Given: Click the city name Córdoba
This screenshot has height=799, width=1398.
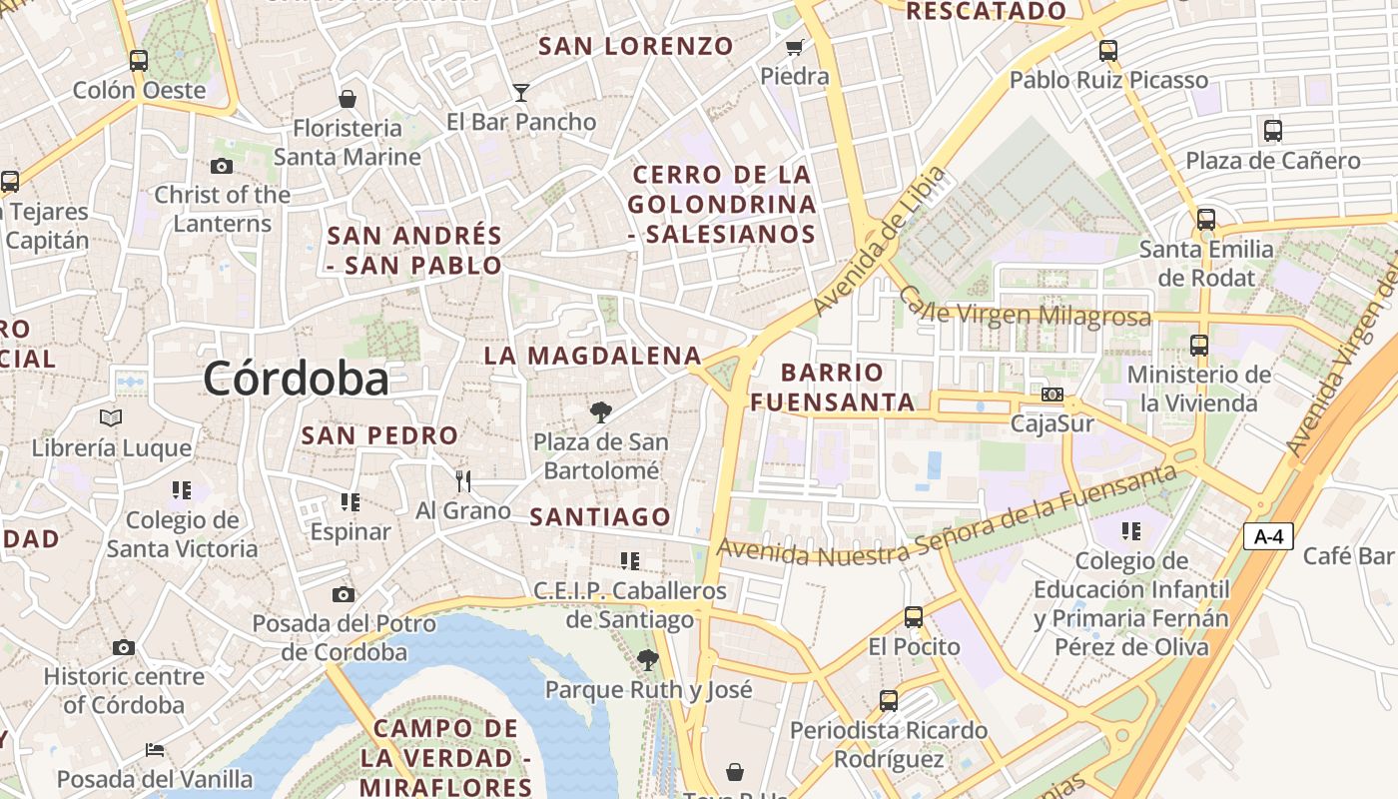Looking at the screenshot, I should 296,379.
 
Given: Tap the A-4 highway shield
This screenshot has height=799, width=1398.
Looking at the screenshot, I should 1268,536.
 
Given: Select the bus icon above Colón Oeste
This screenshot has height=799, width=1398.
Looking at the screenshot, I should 139,60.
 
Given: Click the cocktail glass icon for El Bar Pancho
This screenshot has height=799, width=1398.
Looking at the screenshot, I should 520,93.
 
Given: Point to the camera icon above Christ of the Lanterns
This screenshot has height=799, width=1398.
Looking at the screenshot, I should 222,166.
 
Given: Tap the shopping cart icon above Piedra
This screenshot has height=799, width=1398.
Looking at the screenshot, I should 795,47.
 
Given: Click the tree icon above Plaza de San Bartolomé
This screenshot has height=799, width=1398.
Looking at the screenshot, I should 600,411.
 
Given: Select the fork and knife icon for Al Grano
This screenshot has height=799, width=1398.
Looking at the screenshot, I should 462,481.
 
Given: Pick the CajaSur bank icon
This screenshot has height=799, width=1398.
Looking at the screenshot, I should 1052,395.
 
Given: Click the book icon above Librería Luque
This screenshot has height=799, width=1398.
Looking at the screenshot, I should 111,417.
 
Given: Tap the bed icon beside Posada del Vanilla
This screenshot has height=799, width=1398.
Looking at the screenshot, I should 154,749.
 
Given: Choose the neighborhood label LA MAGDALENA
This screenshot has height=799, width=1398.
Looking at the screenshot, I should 593,356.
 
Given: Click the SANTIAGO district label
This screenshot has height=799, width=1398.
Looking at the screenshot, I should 600,516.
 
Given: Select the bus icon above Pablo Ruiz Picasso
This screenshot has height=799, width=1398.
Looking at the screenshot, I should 1108,50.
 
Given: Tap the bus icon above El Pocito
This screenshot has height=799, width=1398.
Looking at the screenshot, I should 914,617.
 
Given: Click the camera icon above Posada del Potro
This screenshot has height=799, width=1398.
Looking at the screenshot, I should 344,595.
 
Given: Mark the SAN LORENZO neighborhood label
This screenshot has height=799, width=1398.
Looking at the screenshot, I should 636,46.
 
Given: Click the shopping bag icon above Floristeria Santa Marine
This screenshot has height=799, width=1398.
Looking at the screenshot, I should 348,98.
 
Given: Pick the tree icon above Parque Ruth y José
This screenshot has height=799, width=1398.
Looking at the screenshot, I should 648,659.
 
